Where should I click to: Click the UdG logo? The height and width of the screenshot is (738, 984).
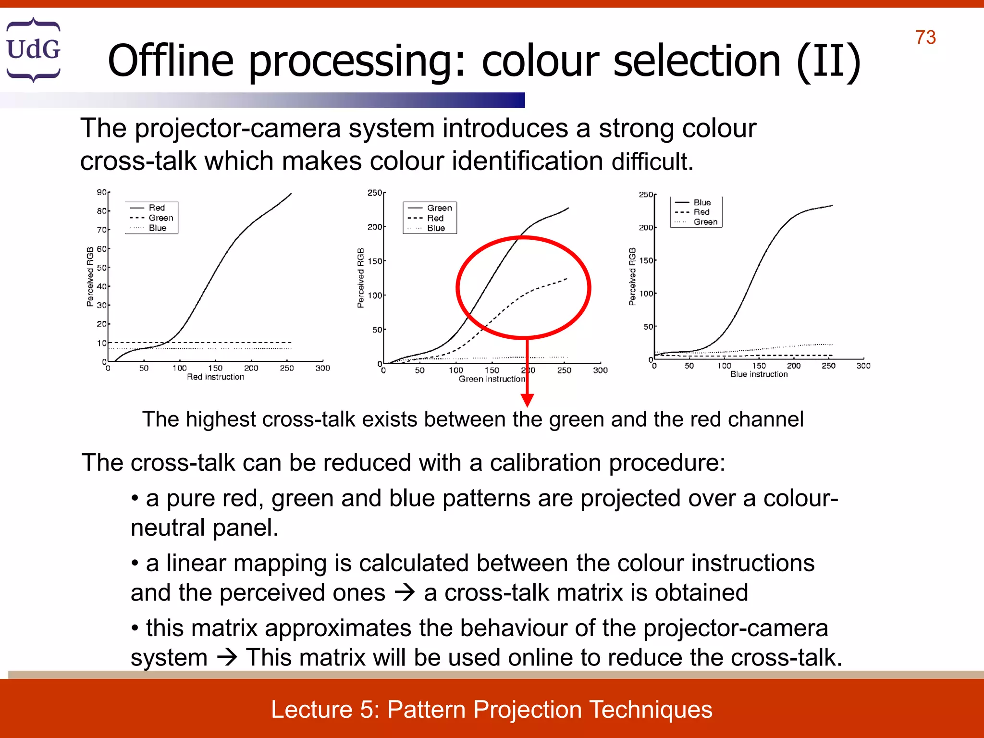click(33, 49)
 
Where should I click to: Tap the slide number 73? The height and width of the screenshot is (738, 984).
click(925, 37)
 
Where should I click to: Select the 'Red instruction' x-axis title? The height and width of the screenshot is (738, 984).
click(215, 377)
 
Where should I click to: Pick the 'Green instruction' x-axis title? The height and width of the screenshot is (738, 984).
click(492, 379)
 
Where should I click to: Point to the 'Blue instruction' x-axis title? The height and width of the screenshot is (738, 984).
click(759, 374)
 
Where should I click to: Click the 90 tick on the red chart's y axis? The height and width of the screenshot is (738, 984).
click(101, 192)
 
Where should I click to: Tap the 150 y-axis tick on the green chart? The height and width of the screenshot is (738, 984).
click(375, 261)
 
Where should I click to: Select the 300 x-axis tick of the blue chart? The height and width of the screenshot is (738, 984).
click(863, 366)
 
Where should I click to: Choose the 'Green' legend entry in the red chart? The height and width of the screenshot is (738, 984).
click(160, 218)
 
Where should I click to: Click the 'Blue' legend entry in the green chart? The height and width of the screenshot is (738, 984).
click(436, 228)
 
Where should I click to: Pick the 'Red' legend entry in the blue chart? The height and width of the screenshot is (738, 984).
click(701, 212)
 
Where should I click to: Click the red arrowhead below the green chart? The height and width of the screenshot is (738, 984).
click(527, 400)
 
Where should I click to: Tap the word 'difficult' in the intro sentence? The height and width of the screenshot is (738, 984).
click(652, 161)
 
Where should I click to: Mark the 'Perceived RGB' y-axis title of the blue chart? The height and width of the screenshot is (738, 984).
click(632, 277)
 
